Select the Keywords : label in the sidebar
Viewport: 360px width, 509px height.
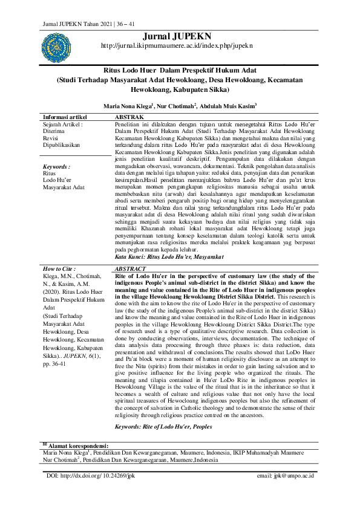[56, 166]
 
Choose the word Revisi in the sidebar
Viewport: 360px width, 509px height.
[53, 137]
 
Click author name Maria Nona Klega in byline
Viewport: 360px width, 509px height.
[128, 105]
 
